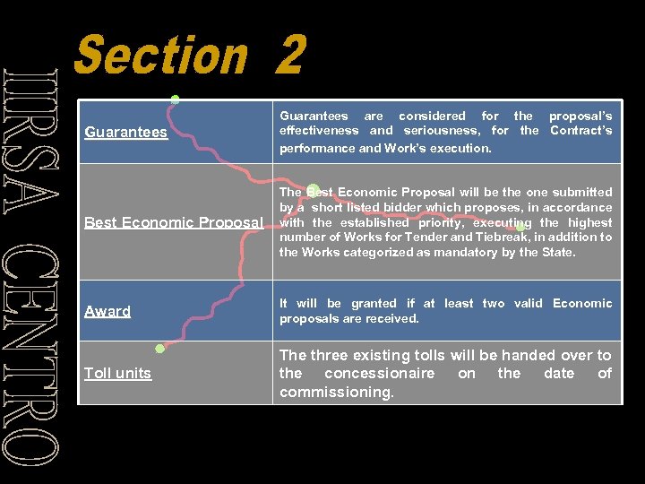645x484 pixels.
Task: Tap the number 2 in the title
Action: click(290, 56)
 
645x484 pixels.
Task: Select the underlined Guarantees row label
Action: click(125, 133)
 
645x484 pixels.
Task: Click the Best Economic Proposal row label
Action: click(173, 222)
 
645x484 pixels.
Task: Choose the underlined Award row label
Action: click(107, 311)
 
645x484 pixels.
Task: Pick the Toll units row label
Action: click(117, 373)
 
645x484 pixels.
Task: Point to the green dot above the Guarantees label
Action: click(176, 99)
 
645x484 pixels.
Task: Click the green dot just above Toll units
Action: click(159, 349)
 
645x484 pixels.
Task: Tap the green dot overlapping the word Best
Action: click(313, 190)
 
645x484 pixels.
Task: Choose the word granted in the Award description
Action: click(360, 304)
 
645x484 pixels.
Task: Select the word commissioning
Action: click(336, 392)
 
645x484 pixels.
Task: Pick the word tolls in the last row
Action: click(426, 355)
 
